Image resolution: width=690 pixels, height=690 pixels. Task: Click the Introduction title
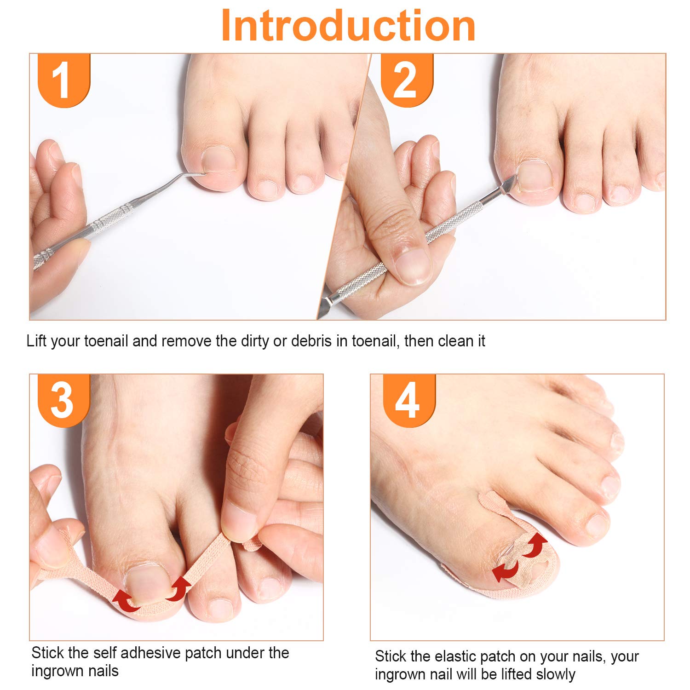(x=348, y=25)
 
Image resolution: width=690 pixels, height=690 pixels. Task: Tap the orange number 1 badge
(x=63, y=80)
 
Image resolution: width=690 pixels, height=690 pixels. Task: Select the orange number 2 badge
(x=407, y=80)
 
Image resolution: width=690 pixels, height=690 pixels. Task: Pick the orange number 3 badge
(x=63, y=400)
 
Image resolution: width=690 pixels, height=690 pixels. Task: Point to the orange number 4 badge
(x=409, y=400)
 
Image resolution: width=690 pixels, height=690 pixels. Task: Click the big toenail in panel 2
(x=535, y=176)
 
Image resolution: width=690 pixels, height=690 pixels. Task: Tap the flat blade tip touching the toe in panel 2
(x=510, y=183)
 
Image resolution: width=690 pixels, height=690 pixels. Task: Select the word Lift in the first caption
(x=36, y=341)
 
